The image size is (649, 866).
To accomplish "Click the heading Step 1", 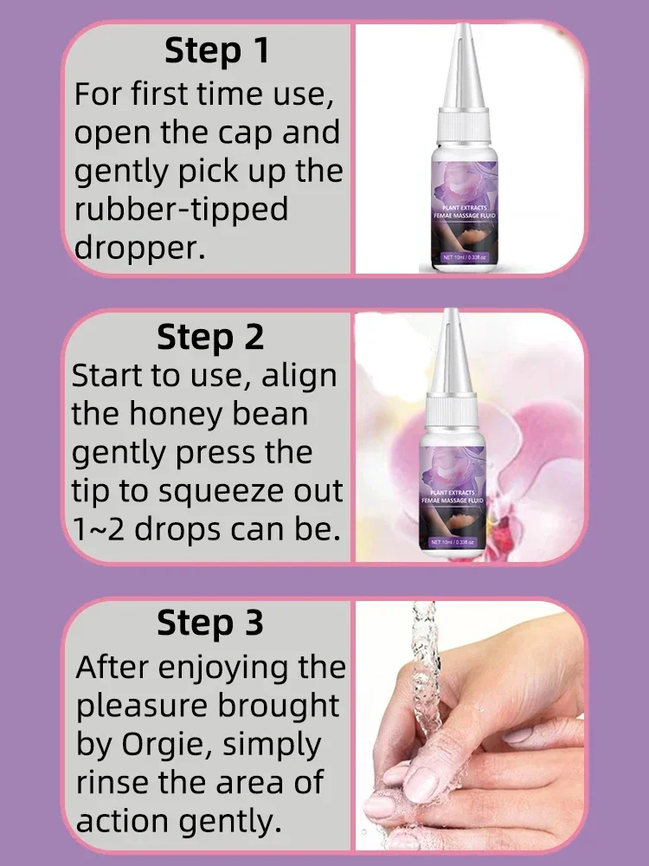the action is click(x=217, y=50).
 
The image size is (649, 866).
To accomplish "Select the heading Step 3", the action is click(x=210, y=623).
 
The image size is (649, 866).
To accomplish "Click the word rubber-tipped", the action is click(x=181, y=210).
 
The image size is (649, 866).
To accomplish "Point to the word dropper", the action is click(x=139, y=248).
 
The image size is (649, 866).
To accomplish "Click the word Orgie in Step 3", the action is click(x=166, y=745).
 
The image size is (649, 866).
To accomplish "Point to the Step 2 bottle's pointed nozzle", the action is click(x=451, y=349).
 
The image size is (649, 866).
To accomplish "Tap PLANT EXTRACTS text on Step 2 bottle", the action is click(x=453, y=492).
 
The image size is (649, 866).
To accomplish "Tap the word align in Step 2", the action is click(x=299, y=377).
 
